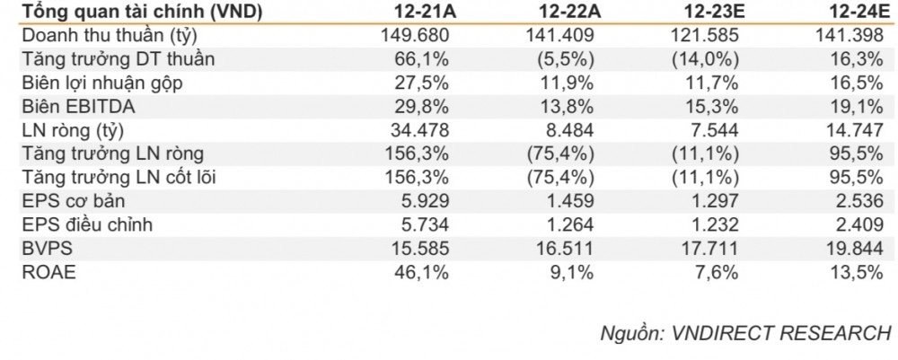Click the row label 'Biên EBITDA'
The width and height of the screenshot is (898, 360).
click(x=72, y=107)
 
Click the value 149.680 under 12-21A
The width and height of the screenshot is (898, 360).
click(x=415, y=36)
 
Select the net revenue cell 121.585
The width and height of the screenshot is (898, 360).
click(x=705, y=36)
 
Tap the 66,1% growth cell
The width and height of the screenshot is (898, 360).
click(x=423, y=59)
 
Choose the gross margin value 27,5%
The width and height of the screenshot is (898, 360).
click(x=423, y=83)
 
